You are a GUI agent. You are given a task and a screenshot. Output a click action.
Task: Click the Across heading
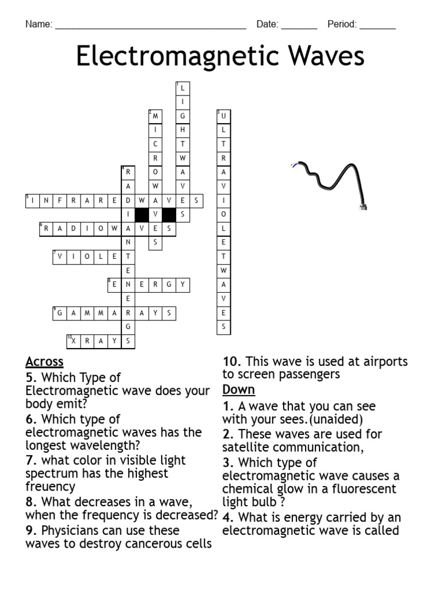tap(44, 362)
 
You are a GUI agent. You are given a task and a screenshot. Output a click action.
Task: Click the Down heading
tap(238, 389)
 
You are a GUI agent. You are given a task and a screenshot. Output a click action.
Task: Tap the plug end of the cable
tap(363, 205)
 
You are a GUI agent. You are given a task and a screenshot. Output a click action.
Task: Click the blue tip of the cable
tap(294, 166)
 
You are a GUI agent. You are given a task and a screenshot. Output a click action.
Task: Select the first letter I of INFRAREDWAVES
tap(32, 201)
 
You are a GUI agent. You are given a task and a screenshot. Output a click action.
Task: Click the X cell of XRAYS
tap(74, 341)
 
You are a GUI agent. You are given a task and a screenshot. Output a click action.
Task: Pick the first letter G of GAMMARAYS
tap(60, 313)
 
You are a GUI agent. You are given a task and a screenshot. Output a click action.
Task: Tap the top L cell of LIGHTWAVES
tap(183, 88)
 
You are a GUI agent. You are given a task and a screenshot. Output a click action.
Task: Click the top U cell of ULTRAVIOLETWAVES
tap(223, 116)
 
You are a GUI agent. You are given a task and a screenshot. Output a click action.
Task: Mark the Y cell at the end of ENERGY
tap(183, 285)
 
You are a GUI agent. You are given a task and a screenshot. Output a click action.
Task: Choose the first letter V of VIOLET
tap(60, 257)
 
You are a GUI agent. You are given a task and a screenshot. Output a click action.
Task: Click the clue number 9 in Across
tap(31, 530)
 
